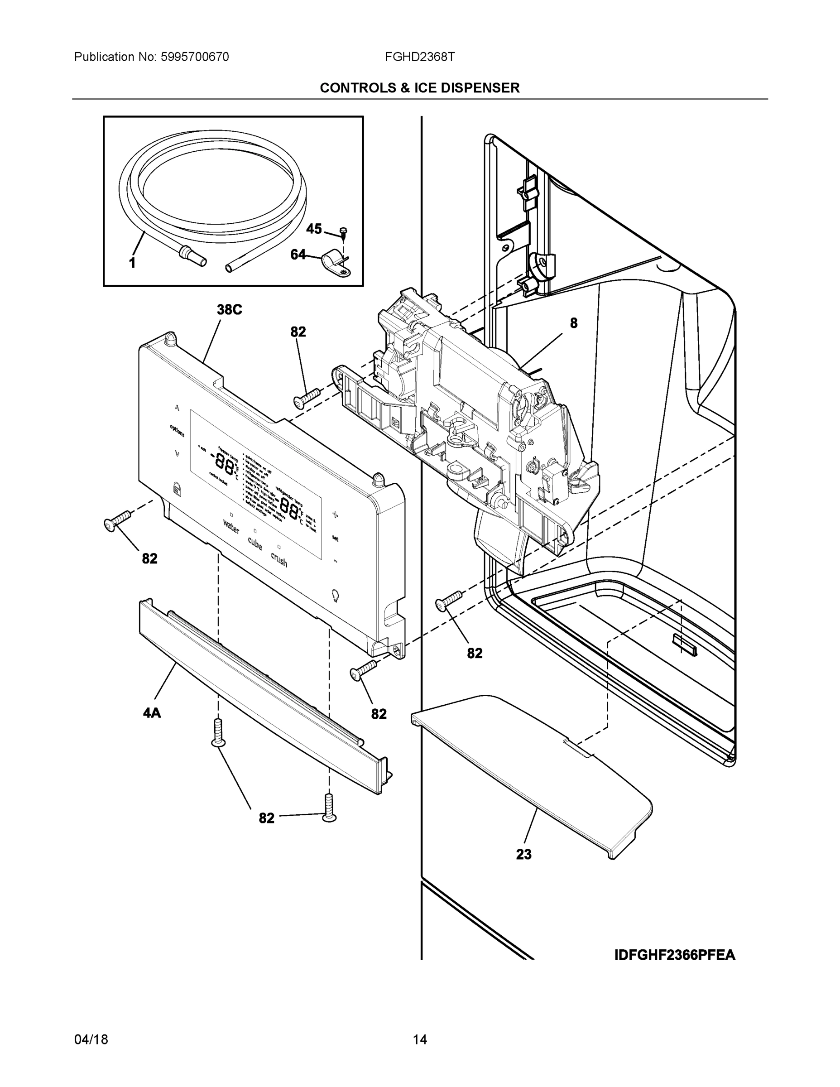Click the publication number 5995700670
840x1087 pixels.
195,57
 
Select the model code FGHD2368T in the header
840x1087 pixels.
419,57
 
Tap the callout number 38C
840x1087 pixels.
229,310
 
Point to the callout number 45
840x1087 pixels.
313,229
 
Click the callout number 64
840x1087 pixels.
298,255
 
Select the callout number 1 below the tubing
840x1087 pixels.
132,263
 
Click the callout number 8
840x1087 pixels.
573,323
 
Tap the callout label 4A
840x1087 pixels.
152,713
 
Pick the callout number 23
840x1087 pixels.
523,855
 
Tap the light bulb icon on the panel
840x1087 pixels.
336,594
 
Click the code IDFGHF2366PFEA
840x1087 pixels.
674,955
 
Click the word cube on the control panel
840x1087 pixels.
255,543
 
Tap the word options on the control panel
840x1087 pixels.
177,431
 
